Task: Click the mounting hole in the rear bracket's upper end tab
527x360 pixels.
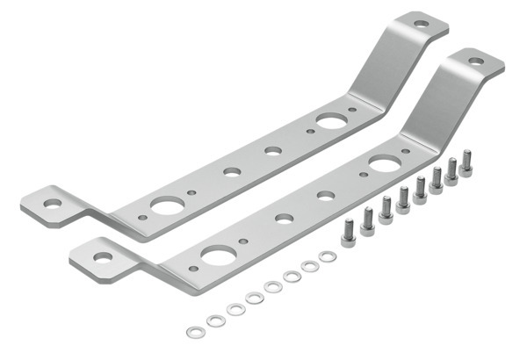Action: coord(421,24)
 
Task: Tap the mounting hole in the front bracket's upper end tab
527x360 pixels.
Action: coord(475,61)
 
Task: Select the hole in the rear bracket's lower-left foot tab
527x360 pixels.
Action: coord(54,203)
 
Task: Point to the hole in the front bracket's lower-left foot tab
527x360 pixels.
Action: coord(104,257)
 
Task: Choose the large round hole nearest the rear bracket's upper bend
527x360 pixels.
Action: coord(331,120)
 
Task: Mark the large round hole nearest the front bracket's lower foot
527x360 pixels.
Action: coord(218,256)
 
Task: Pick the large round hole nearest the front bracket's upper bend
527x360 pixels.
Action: coord(384,163)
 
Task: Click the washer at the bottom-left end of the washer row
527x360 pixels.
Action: coord(195,331)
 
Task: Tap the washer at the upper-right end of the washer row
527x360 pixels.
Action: coord(328,256)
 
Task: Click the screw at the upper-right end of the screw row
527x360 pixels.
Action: coord(466,162)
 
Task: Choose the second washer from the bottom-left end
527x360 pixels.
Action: coord(215,320)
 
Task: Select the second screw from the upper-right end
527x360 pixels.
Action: coord(451,170)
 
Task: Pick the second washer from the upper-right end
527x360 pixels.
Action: coord(309,265)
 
